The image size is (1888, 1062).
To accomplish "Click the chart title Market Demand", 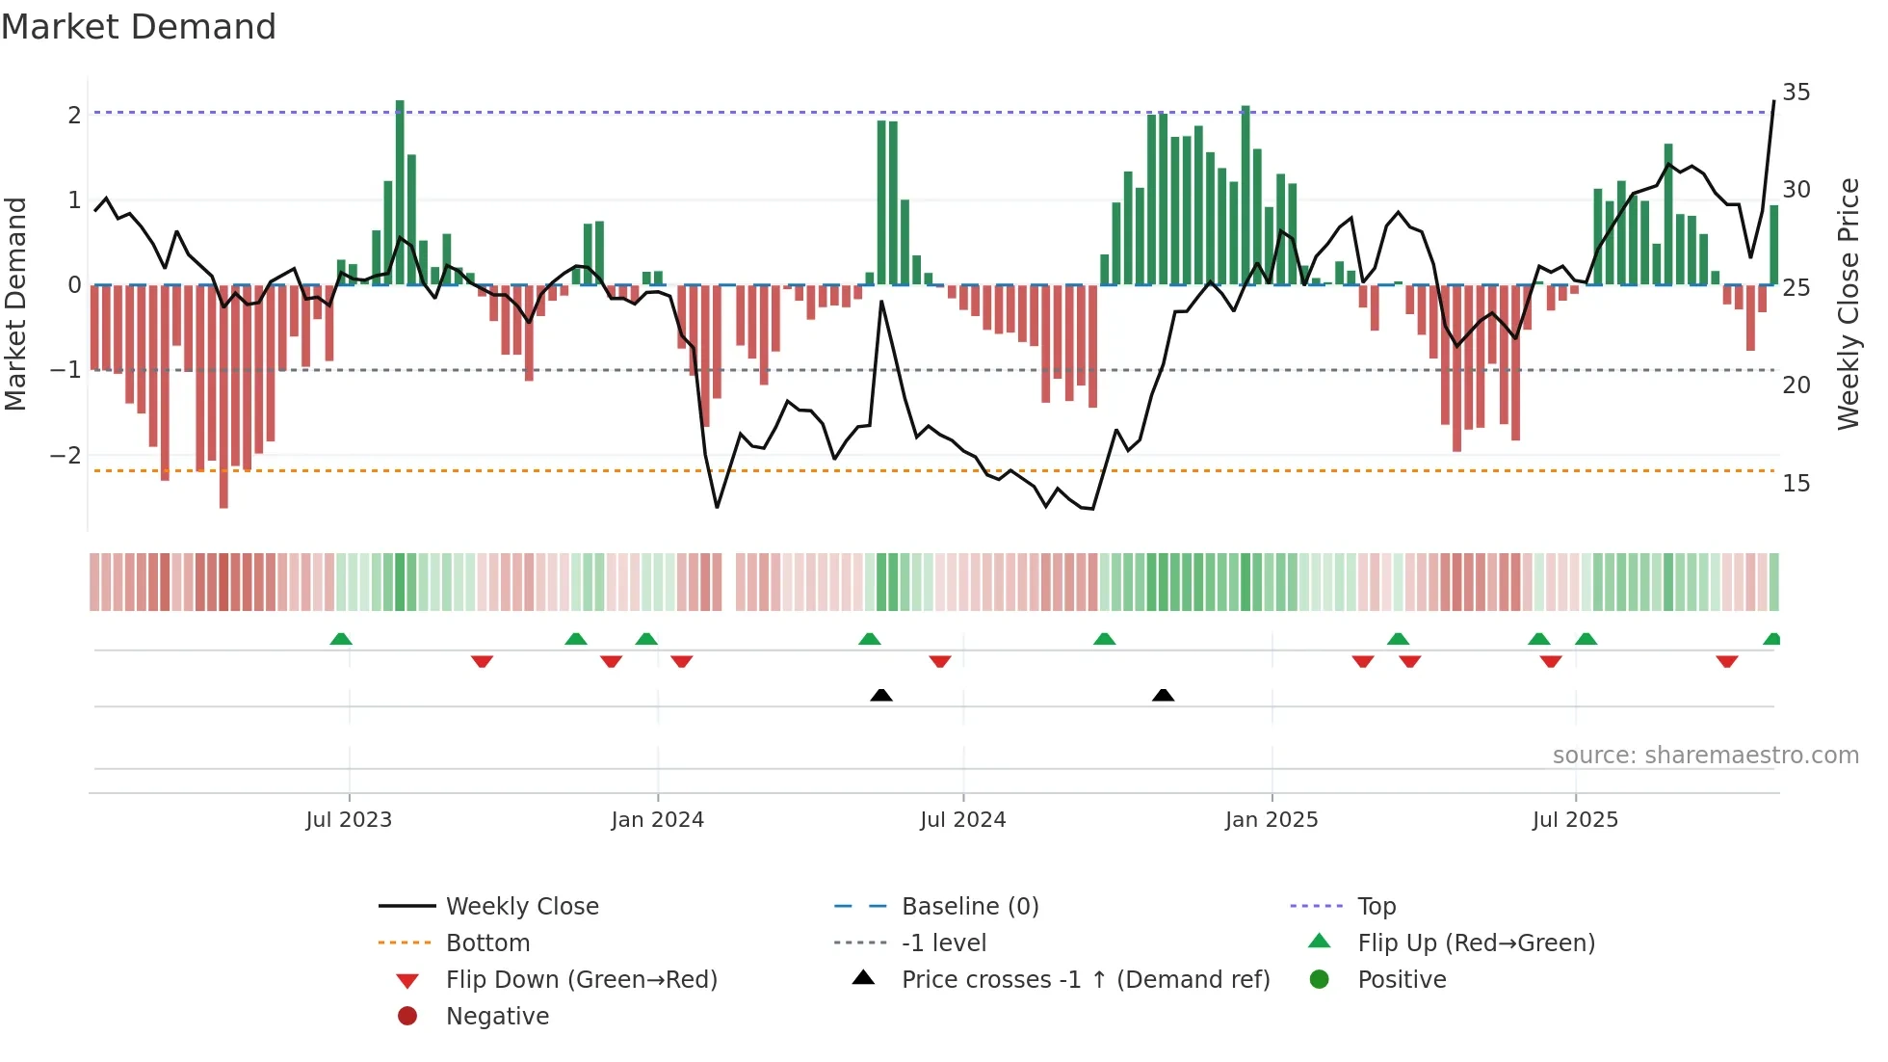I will point(139,27).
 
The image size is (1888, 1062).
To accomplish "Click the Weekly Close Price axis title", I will point(1848,304).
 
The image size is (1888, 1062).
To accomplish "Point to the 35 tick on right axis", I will point(1796,93).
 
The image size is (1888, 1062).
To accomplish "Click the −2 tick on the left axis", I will point(66,455).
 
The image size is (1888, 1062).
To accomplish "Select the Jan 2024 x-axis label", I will point(657,820).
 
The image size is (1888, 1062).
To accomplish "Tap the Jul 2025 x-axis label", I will point(1575,820).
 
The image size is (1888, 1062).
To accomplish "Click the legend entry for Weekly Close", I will point(521,907).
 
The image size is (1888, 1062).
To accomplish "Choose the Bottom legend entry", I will point(487,943).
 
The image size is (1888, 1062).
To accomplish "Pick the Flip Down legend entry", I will point(581,980).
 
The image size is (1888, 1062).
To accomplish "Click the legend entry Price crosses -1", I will point(1085,980).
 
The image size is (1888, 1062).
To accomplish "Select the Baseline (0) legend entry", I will point(969,907).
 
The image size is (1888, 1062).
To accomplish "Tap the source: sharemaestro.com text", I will point(1705,756).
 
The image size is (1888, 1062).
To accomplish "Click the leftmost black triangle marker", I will point(880,695).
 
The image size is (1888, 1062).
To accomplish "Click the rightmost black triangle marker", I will point(1163,695).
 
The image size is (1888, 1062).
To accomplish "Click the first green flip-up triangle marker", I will point(340,639).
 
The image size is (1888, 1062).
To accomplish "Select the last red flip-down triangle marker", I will point(1726,661).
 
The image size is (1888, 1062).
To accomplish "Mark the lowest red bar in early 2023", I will point(223,395).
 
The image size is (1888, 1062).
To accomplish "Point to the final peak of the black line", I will point(1773,101).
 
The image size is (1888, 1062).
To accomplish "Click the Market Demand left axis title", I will point(15,304).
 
